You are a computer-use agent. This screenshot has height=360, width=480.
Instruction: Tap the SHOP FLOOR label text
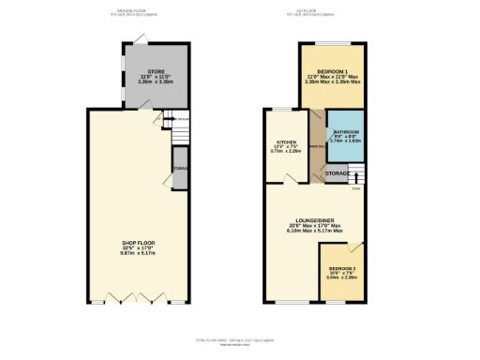[x=138, y=242]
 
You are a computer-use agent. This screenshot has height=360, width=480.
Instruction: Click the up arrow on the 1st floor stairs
[x=356, y=175]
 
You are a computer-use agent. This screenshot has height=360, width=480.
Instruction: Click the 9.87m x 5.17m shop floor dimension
[x=138, y=252]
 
